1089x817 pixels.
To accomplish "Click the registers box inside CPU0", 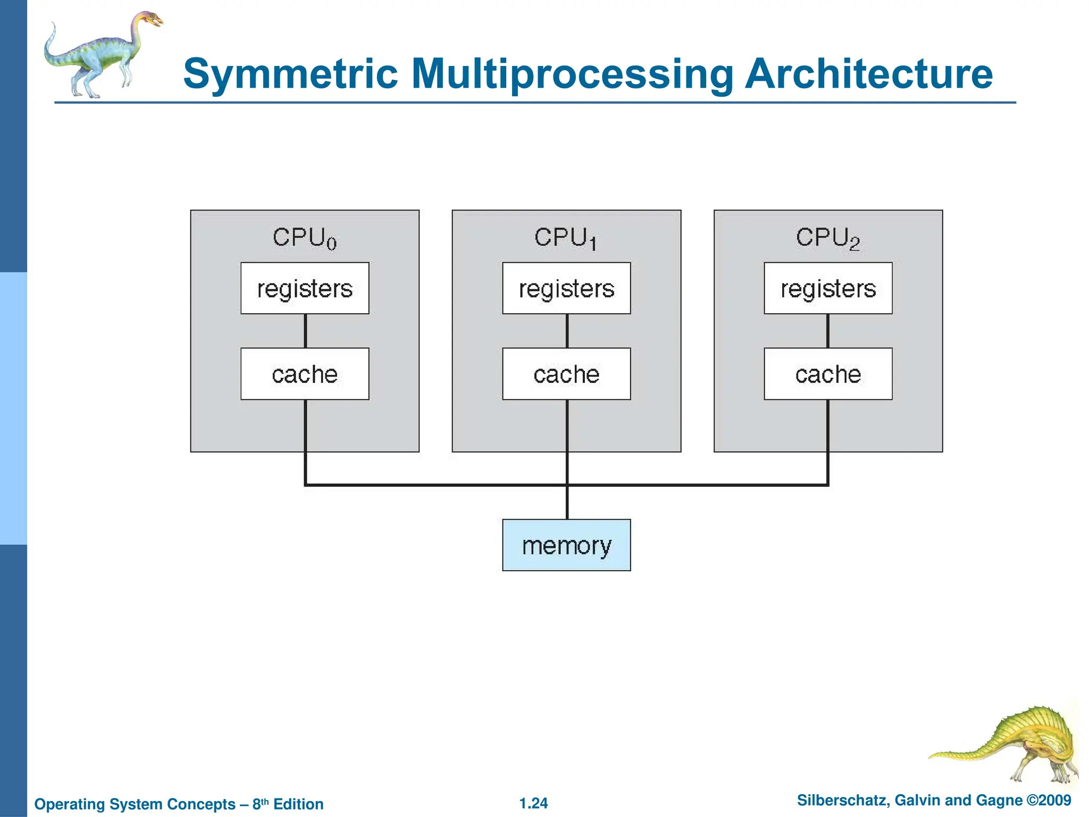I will pos(305,288).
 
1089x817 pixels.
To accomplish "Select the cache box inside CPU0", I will pos(305,374).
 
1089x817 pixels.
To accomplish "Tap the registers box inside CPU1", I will pos(566,288).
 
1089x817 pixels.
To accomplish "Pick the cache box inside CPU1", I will pos(566,374).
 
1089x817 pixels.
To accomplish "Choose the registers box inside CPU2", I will pos(828,288).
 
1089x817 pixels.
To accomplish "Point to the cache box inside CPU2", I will pos(828,374).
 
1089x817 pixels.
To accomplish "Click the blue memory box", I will pos(566,545).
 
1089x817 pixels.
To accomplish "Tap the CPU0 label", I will pos(305,238).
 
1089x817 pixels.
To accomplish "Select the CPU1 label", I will pos(565,238).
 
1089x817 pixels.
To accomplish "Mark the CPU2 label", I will pos(827,238).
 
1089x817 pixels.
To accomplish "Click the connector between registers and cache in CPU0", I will pos(305,331).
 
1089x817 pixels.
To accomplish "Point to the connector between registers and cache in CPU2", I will pos(828,331).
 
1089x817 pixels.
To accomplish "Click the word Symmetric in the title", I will pos(290,74).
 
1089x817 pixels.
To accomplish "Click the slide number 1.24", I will pos(533,803).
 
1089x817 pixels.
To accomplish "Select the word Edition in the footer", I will pos(298,804).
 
